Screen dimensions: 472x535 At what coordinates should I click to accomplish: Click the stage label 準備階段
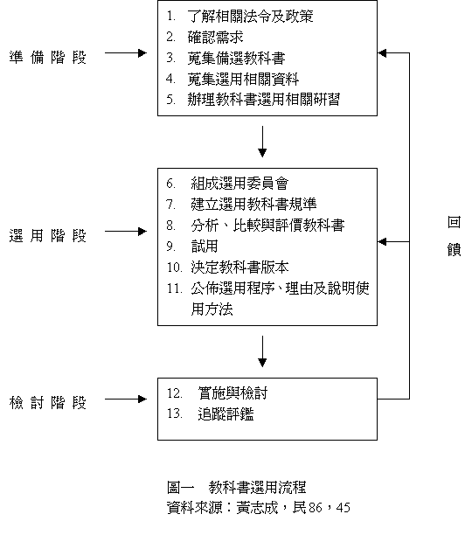pos(48,58)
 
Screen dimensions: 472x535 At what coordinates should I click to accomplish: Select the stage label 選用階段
pos(48,235)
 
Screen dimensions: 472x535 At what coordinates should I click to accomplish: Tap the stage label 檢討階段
pos(48,403)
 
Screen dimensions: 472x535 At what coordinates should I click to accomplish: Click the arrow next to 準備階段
pos(126,52)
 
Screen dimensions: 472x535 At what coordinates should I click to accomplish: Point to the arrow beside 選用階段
pos(126,232)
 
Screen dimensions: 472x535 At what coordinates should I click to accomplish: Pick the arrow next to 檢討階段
pos(126,399)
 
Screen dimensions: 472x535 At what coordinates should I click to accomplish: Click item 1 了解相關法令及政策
pos(239,16)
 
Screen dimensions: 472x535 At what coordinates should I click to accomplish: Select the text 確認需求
pos(216,38)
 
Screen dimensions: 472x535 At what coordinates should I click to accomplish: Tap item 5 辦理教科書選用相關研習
pos(253,100)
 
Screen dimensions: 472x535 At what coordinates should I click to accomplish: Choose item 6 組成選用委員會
pos(227,184)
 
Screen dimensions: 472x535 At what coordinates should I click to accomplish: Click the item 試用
pos(205,247)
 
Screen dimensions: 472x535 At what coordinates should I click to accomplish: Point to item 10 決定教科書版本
pos(227,267)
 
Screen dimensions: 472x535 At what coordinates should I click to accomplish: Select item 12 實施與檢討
pos(217,393)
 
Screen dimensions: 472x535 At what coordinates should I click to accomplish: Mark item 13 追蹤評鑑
pos(210,413)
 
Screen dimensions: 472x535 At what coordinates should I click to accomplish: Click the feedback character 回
pos(454,222)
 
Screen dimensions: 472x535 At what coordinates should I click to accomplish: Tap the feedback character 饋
pos(454,250)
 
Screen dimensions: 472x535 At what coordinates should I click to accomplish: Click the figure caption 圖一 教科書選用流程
pos(236,487)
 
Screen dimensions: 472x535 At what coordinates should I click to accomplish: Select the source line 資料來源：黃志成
pos(222,508)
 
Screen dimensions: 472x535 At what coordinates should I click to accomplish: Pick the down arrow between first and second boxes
pos(262,142)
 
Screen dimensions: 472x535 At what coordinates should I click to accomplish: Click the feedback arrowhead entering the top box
pos(382,52)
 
